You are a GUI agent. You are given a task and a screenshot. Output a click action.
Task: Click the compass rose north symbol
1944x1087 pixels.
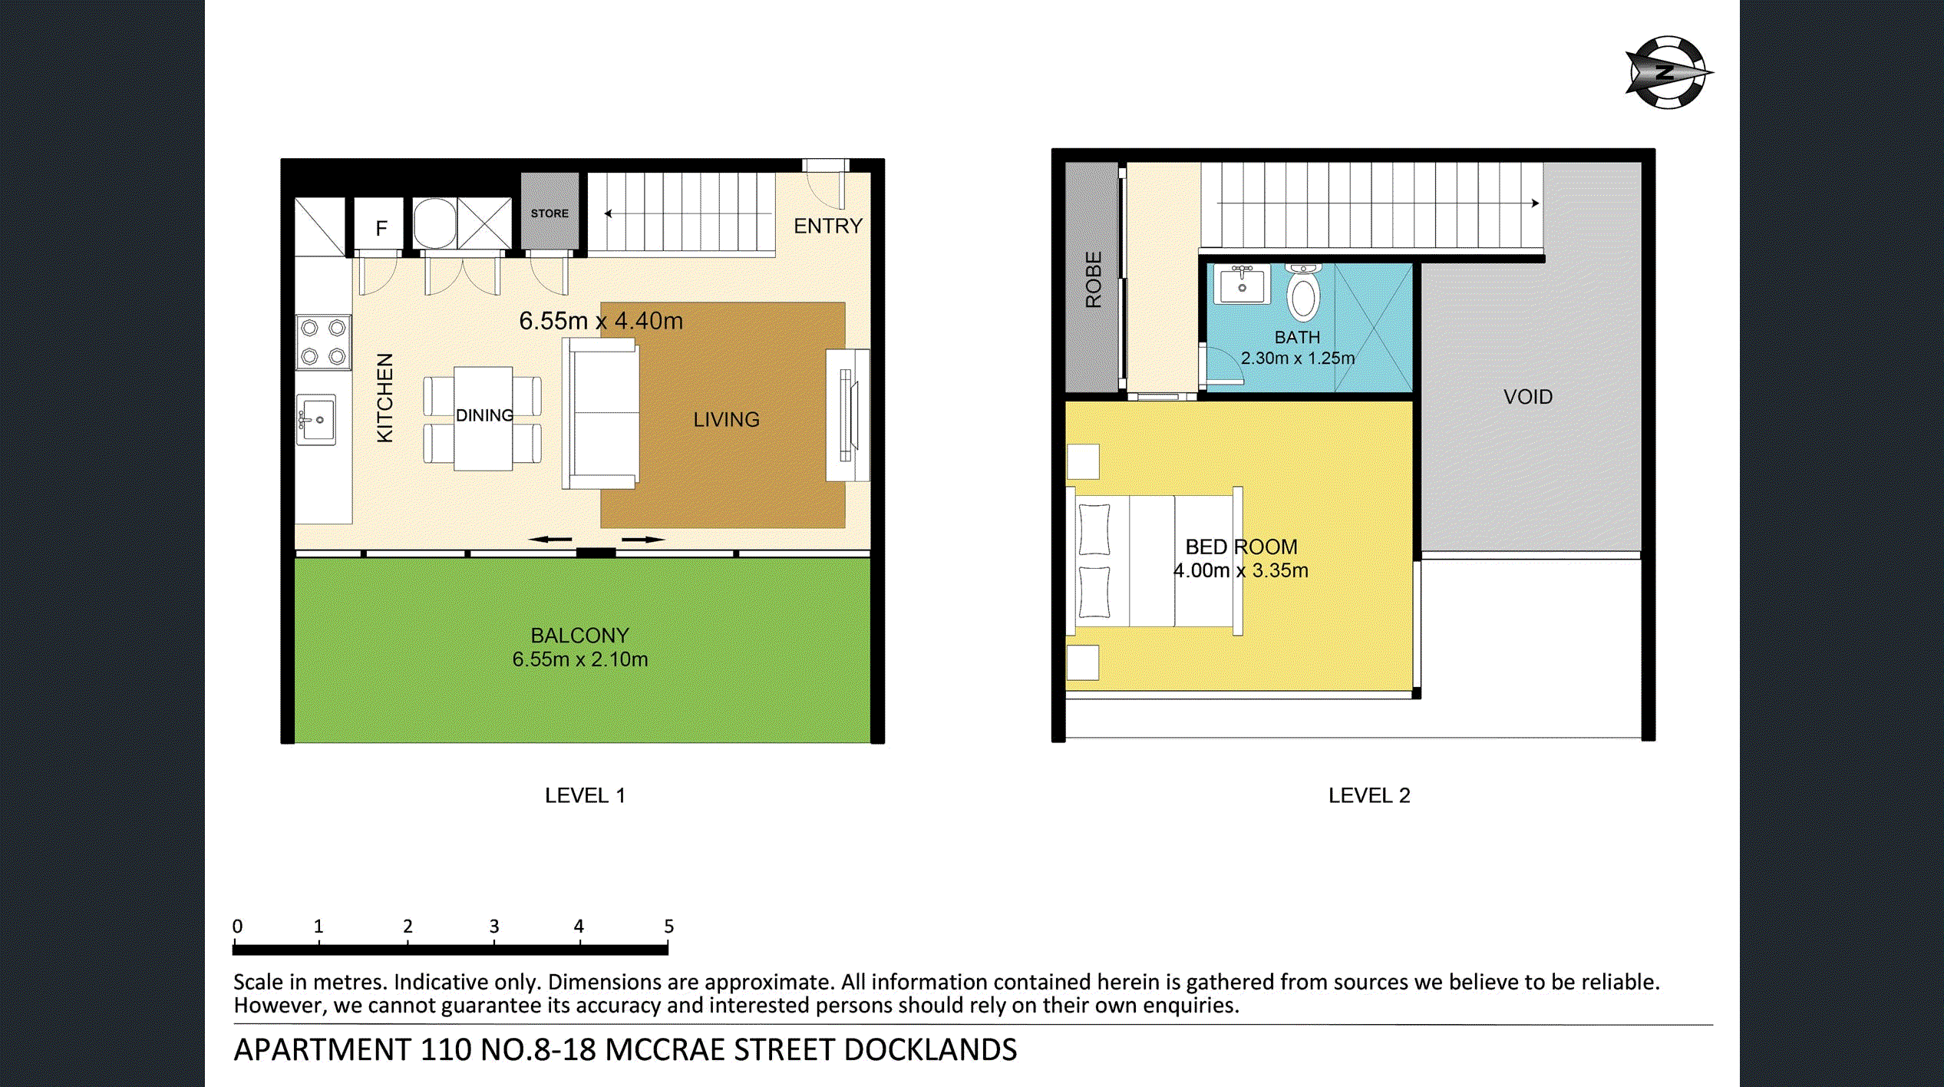point(1666,73)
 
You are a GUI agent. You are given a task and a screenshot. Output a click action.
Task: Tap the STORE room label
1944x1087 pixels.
point(550,213)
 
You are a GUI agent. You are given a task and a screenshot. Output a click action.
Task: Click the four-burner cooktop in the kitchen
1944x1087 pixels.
point(323,342)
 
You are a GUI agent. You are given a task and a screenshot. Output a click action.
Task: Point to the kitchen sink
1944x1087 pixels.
point(316,420)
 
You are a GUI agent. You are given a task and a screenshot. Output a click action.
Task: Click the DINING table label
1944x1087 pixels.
point(484,415)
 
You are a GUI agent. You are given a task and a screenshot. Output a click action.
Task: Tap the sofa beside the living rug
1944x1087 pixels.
point(602,414)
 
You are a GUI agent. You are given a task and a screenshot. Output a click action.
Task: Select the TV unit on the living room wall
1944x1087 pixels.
point(847,415)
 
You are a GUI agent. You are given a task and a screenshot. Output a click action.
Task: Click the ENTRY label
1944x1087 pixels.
point(827,226)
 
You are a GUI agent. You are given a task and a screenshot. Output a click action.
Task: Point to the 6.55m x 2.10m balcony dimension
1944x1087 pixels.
point(579,659)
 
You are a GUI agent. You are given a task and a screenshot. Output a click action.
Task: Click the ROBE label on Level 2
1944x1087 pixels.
point(1093,279)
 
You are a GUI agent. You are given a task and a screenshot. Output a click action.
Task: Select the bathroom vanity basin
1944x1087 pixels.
point(1242,285)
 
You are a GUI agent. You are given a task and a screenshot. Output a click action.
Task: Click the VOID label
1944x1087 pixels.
point(1527,397)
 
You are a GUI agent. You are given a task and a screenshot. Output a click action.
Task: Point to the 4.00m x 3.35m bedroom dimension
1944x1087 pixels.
point(1240,570)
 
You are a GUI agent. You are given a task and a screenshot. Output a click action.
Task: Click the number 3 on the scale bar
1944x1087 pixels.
point(494,927)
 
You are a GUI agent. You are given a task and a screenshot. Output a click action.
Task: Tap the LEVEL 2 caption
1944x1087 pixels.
point(1368,795)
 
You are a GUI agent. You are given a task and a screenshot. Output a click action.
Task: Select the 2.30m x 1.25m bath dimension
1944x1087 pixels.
point(1297,358)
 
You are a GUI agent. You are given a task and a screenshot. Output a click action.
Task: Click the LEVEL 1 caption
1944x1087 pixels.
point(585,795)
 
